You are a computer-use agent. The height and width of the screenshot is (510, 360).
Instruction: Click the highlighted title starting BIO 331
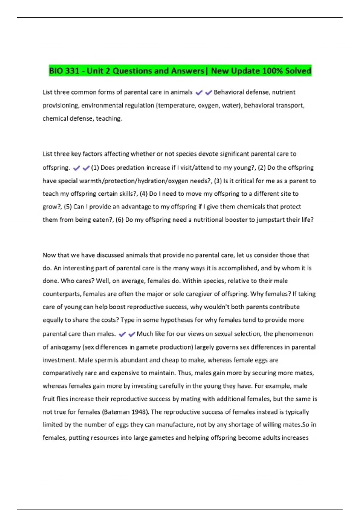coord(180,71)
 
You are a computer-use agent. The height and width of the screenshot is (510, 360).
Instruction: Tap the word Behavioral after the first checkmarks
coord(229,92)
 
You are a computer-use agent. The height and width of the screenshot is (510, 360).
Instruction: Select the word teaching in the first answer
coord(109,118)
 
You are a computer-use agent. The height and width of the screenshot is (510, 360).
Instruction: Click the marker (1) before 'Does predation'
coord(95,167)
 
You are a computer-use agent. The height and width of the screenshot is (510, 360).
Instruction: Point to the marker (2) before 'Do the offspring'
coord(262,167)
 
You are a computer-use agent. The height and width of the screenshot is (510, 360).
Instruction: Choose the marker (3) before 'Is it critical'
coord(217,181)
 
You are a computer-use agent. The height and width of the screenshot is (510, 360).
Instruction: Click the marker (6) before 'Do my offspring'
coord(120,220)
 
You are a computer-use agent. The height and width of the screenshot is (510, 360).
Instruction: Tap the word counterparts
coord(62,294)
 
